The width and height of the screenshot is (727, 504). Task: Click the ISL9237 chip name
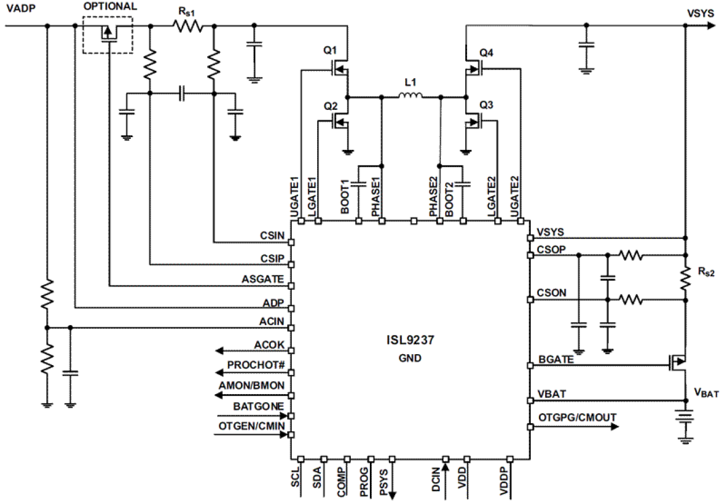pyautogui.click(x=410, y=341)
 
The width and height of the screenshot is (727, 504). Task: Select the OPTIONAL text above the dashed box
pyautogui.click(x=110, y=7)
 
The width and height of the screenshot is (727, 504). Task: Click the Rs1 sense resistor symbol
pyautogui.click(x=188, y=25)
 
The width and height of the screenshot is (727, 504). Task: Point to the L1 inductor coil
pyautogui.click(x=411, y=97)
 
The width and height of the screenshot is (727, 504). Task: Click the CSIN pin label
pyautogui.click(x=272, y=236)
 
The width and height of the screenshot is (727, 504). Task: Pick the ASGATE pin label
pyautogui.click(x=263, y=279)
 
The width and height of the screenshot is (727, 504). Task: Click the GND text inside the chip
pyautogui.click(x=410, y=358)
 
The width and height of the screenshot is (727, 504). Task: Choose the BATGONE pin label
pyautogui.click(x=258, y=407)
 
